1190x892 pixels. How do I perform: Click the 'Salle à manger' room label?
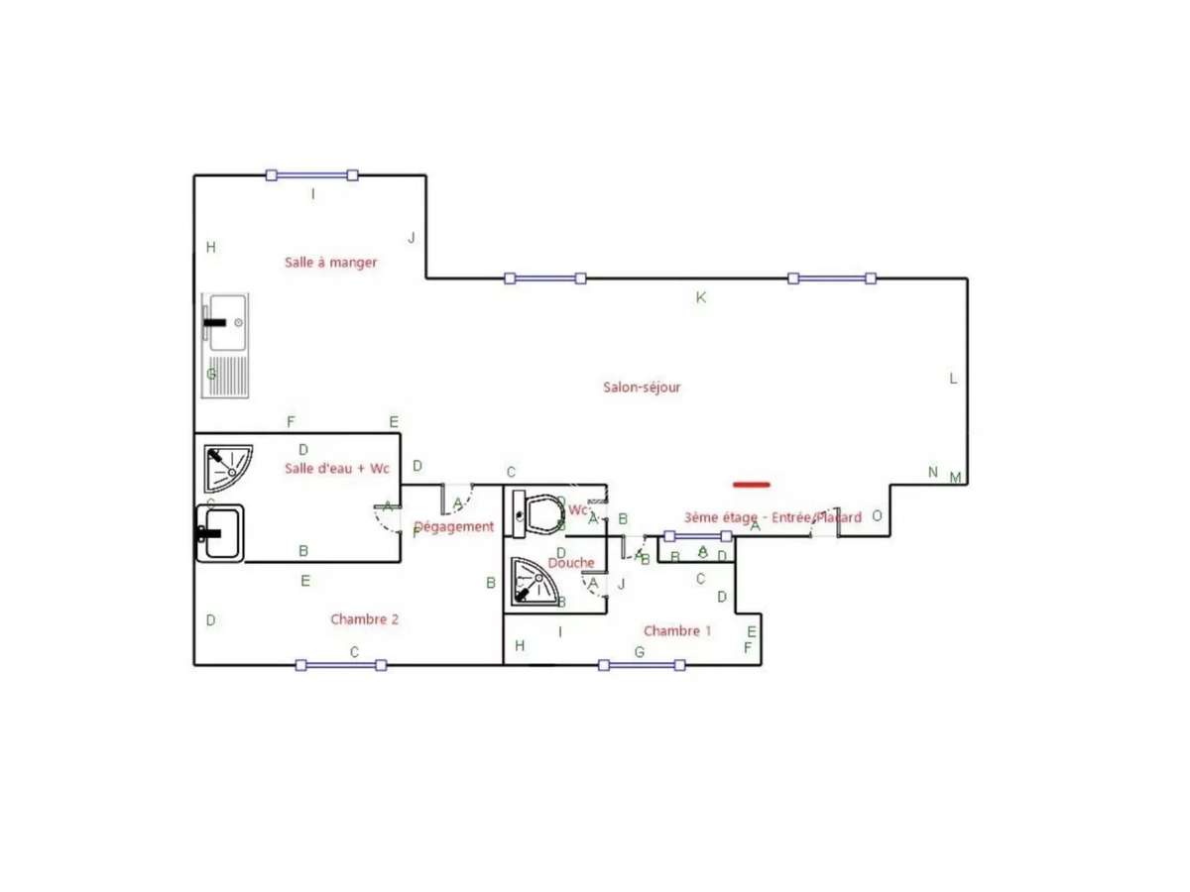330,263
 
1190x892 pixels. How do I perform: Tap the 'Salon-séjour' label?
642,388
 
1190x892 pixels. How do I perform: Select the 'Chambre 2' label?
364,619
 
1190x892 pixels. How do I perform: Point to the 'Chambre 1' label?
677,631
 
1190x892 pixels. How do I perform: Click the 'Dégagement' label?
453,527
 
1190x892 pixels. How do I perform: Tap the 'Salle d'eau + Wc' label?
336,468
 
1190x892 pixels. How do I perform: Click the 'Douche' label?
571,563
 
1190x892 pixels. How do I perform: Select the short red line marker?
752,485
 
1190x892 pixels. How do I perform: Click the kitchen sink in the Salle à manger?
226,345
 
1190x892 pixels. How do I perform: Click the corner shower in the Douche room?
534,580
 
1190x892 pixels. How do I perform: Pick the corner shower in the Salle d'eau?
227,468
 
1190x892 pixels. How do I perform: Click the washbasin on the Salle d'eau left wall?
219,532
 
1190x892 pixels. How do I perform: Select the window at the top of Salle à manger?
312,175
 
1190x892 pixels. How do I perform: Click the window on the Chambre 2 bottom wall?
341,665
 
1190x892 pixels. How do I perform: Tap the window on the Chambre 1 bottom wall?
642,665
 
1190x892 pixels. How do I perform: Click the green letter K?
700,297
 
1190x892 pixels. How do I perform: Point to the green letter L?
953,379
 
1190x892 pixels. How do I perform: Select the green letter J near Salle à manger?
411,238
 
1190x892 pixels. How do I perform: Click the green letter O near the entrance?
877,515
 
